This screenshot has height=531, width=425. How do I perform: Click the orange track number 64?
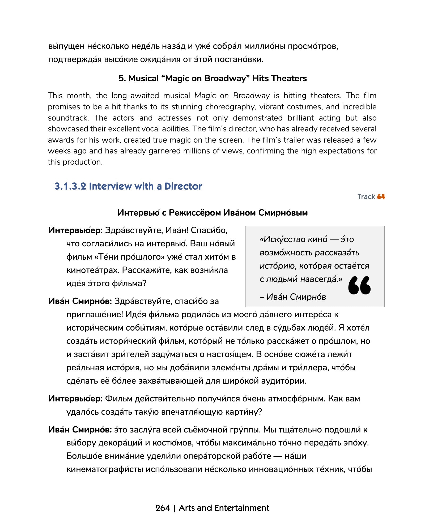click(381, 197)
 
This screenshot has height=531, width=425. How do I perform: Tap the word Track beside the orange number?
click(366, 197)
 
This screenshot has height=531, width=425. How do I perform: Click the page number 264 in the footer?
click(162, 508)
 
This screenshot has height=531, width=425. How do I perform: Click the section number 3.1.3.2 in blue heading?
click(70, 186)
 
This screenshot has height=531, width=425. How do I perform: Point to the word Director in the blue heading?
click(183, 186)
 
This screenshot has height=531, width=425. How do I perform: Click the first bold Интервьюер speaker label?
click(75, 230)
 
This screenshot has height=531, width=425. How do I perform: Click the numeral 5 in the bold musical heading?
click(121, 78)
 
